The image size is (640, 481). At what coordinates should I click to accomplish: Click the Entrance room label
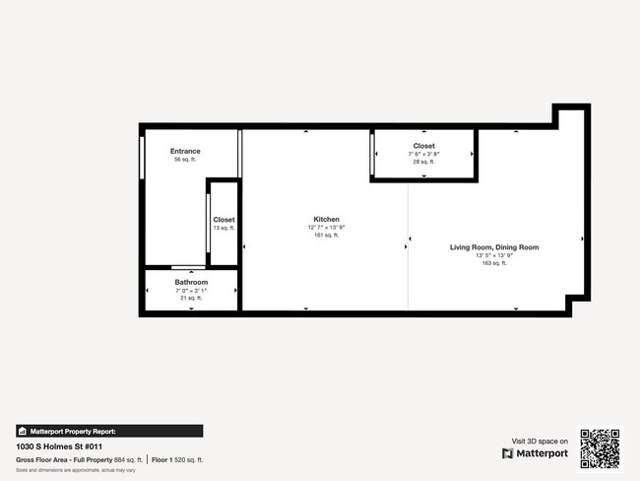pos(185,151)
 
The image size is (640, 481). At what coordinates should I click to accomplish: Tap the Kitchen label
pos(326,219)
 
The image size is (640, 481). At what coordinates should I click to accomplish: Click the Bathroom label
pos(191,282)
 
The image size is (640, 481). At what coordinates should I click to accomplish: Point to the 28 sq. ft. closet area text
pos(424,162)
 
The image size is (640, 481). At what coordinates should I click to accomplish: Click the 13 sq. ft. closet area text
pos(224,228)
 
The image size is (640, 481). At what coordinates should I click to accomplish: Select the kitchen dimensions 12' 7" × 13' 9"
pos(326,227)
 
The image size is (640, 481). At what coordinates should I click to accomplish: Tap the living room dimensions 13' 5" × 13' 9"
pos(494,255)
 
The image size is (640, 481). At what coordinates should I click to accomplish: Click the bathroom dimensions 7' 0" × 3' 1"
pos(191,290)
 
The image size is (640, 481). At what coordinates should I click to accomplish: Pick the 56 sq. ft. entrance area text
pos(185,159)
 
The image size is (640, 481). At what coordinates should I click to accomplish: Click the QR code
pos(600,447)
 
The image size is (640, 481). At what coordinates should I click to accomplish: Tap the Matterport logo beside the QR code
pos(535,453)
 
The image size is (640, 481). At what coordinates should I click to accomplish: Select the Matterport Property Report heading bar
pos(109,431)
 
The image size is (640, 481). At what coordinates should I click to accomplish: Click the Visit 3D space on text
pos(541,441)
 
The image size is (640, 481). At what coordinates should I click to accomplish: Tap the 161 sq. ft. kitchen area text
pos(326,235)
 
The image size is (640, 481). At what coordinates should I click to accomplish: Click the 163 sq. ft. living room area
pos(494,263)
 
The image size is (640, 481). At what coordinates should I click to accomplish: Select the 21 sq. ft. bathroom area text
pos(191,298)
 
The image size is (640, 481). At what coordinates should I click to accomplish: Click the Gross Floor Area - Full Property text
pos(64,459)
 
